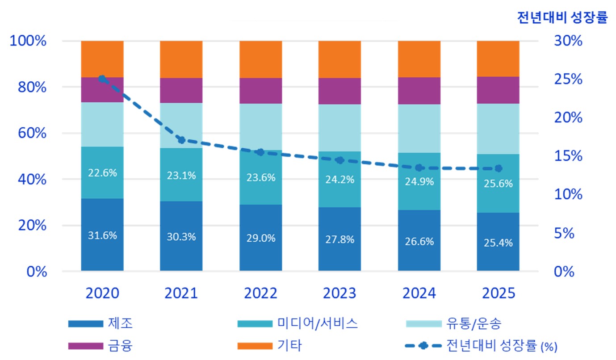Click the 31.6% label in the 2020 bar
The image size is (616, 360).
[102, 235]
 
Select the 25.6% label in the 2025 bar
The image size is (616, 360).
[498, 184]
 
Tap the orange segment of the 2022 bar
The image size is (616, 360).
[260, 59]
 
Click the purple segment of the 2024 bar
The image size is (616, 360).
[419, 91]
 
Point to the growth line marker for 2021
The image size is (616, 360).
[181, 140]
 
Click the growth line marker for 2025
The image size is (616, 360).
[498, 168]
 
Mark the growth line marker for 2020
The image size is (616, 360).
[102, 79]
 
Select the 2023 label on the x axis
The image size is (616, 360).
[339, 293]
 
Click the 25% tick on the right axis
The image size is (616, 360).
[568, 80]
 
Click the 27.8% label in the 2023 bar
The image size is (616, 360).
[339, 239]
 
